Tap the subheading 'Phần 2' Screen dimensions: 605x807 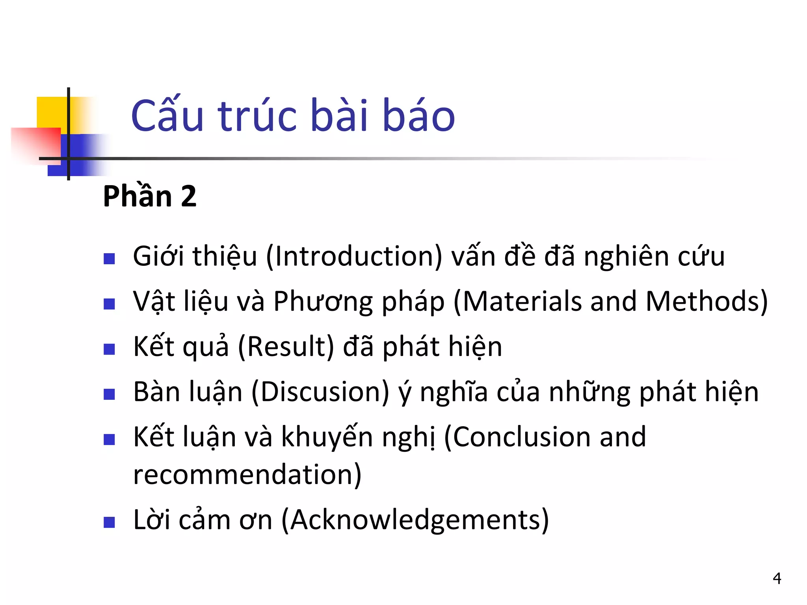tap(149, 196)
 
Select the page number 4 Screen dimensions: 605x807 tap(777, 578)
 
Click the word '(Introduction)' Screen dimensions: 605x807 tap(354, 257)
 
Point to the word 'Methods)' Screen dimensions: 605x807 tap(707, 302)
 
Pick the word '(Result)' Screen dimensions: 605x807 tap(286, 347)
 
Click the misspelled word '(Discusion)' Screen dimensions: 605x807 tap(320, 392)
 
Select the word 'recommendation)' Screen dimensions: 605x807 tap(247, 474)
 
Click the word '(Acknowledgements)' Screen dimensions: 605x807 tap(415, 520)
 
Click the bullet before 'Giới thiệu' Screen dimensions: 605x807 tap(109, 259)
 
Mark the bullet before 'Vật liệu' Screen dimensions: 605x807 tap(109, 304)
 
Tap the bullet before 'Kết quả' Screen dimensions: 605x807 tap(109, 349)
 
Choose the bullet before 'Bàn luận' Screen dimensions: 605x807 tap(109, 394)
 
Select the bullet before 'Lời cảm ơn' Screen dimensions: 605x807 tap(109, 522)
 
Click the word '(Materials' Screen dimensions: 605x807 tap(517, 302)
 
